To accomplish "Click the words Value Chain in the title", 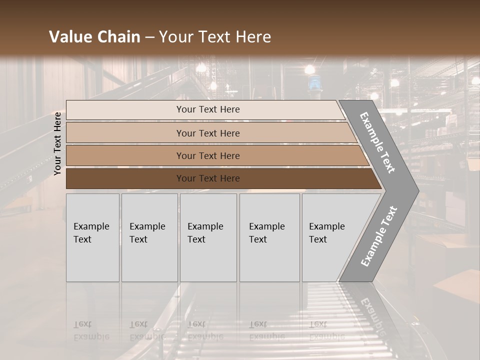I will (94, 37).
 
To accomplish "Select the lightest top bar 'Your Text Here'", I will (207, 109).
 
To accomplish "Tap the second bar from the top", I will (207, 133).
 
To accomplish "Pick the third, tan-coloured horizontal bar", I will (207, 155).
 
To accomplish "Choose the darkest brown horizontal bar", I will (207, 178).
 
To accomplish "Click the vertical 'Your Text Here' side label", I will (57, 143).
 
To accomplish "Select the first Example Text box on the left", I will (92, 237).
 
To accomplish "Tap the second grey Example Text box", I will (149, 237).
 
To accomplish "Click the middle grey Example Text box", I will (208, 237).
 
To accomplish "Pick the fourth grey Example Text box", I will (269, 237).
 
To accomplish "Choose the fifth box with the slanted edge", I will (330, 237).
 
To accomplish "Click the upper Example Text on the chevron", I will (378, 142).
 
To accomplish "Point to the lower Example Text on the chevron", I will (378, 236).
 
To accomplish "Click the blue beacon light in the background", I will (313, 82).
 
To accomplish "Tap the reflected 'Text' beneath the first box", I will (82, 324).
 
